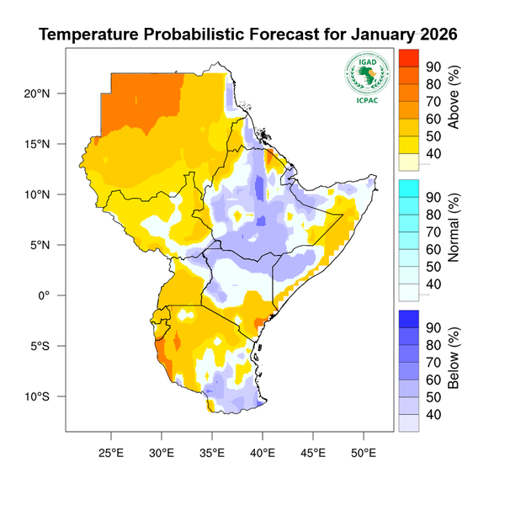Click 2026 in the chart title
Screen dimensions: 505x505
434,35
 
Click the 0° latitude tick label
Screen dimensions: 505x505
43,295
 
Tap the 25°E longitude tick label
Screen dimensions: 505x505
111,451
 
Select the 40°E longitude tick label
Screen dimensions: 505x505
263,451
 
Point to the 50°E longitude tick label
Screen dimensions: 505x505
364,451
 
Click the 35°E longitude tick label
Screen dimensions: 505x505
212,451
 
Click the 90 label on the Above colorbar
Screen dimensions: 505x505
434,66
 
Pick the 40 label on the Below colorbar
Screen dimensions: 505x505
434,415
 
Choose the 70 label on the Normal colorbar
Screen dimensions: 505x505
434,231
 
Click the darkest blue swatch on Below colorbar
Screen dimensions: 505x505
408,319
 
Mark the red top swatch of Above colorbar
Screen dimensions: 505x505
408,57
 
